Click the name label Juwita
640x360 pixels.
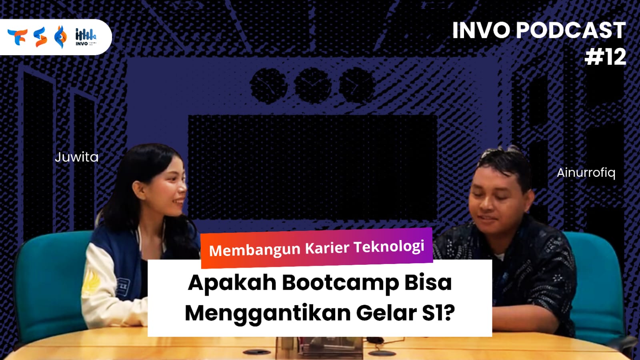pos(76,157)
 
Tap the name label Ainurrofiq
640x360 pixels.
pos(586,173)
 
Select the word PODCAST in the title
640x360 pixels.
pos(570,30)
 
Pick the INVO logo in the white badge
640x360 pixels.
pos(86,37)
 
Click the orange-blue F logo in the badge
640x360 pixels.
pos(18,37)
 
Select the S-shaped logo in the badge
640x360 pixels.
pos(40,37)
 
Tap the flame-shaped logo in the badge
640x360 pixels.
pos(60,37)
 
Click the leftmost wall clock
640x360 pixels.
pos(268,86)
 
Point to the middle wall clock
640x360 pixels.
pos(313,86)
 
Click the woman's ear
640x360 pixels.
pos(140,190)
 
